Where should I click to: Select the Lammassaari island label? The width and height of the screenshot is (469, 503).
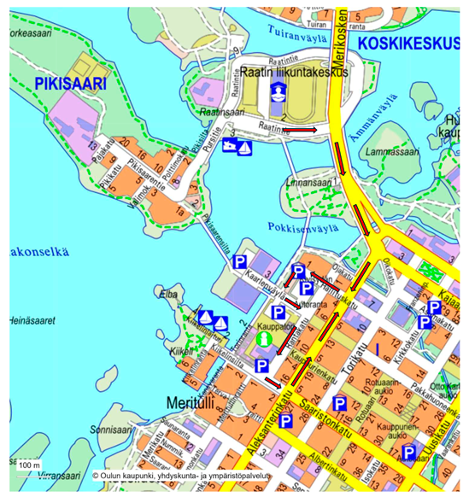[389, 153]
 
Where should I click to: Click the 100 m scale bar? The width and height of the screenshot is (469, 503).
[31, 464]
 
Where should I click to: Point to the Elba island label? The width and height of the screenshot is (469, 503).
[169, 293]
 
